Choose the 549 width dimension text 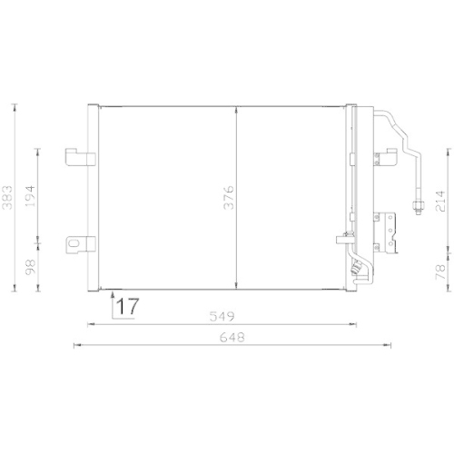click(223, 317)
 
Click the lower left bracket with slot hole click(79, 243)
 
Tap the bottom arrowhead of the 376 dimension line click(236, 283)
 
